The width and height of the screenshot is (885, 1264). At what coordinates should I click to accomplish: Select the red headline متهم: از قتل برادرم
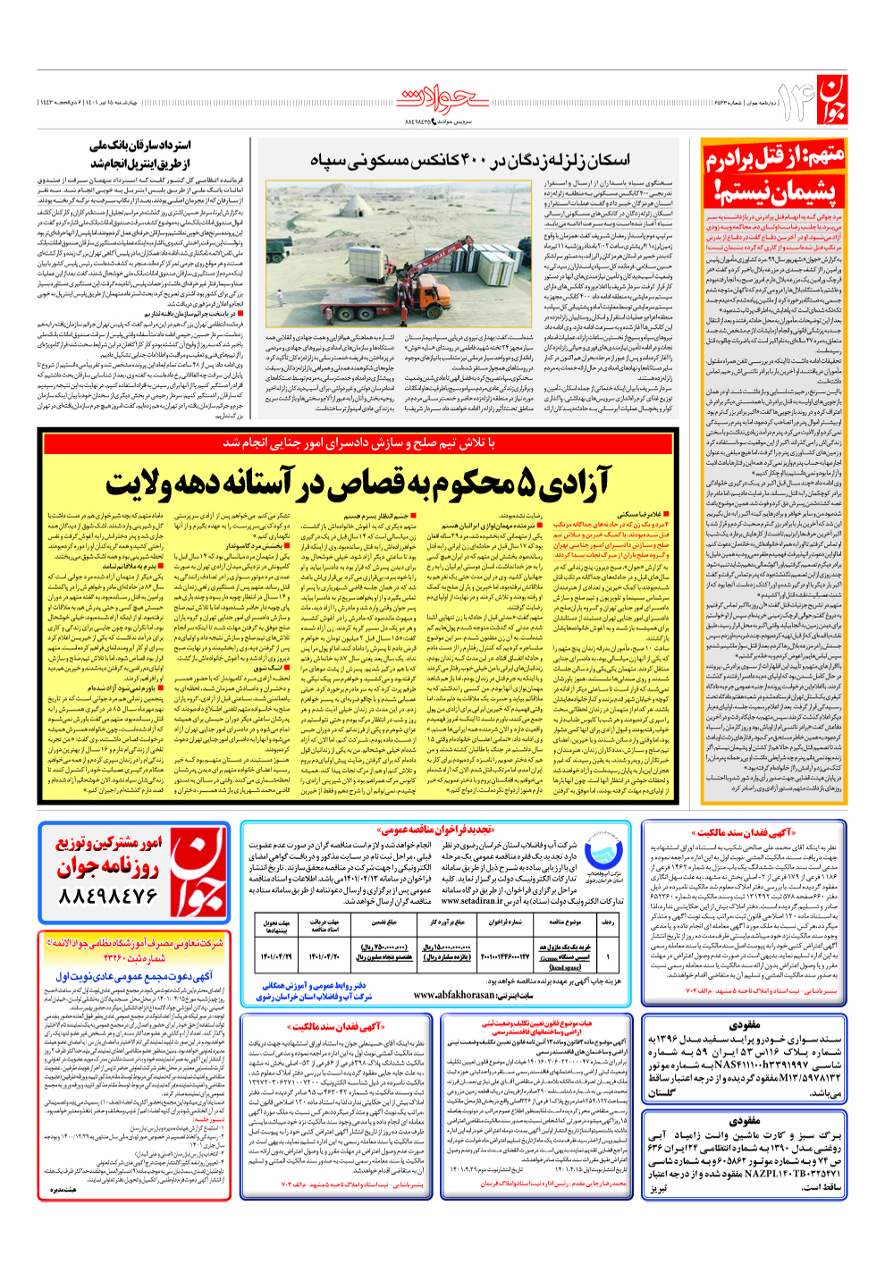click(774, 160)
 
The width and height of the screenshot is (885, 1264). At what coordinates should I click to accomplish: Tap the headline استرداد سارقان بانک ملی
click(140, 145)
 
